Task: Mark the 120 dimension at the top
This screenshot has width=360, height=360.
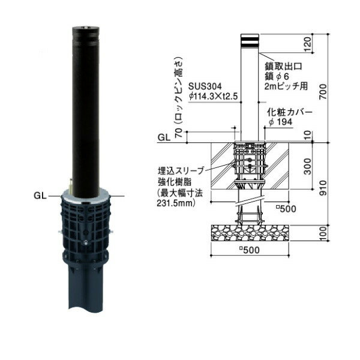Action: point(325,44)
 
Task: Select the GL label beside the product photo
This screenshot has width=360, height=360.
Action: point(40,195)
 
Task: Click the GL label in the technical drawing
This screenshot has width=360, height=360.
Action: point(163,137)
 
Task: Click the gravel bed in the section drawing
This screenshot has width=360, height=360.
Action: point(252,233)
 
